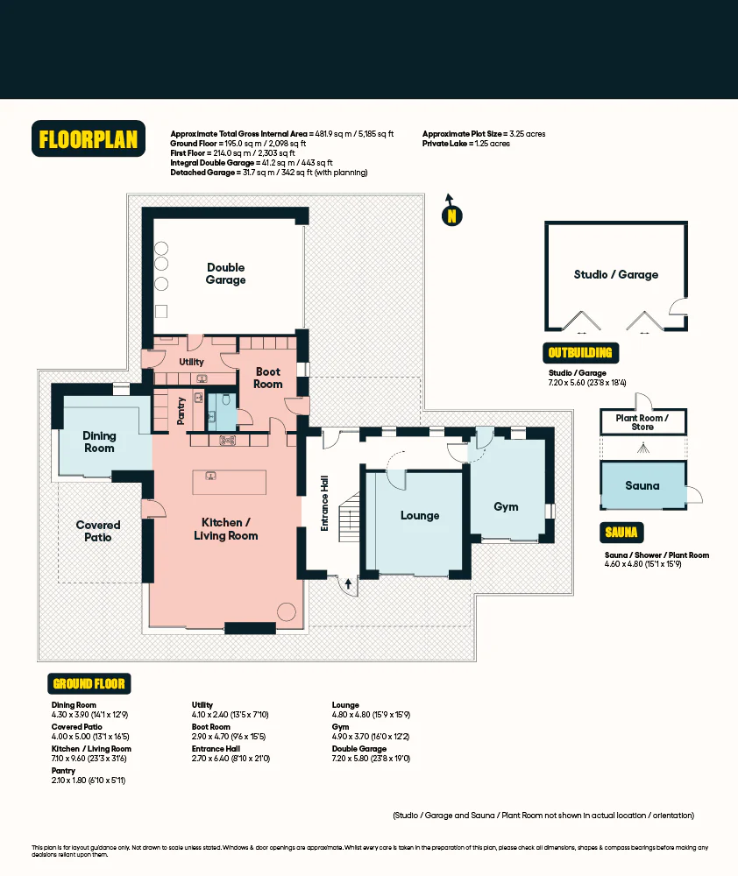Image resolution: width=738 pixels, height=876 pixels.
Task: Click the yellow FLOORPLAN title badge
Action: pos(89,139)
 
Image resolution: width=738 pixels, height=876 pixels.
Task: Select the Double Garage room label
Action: pos(225,273)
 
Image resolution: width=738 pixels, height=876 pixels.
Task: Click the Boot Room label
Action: pos(268,378)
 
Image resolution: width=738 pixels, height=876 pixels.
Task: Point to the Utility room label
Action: pos(191,362)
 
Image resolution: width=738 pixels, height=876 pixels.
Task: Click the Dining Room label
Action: pos(99,442)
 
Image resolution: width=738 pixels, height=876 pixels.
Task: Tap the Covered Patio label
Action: pos(98,531)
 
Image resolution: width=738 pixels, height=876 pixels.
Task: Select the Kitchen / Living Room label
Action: pos(225,528)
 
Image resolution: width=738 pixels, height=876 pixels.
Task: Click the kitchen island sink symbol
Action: pos(211,477)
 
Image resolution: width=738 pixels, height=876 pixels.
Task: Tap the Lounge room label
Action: pos(420,515)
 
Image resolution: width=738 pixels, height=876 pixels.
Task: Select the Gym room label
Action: pos(506,506)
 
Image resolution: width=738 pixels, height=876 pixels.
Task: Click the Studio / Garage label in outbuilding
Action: pos(615,274)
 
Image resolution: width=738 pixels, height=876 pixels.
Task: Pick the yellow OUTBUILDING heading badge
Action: pos(580,353)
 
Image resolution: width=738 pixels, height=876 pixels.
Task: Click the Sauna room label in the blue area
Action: pos(642,485)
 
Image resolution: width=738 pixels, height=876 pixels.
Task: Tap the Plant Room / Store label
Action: pos(642,422)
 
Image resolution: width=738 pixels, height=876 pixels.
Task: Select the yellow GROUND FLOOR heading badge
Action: pos(89,683)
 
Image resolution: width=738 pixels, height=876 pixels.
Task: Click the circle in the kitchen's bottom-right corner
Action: pos(287,611)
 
